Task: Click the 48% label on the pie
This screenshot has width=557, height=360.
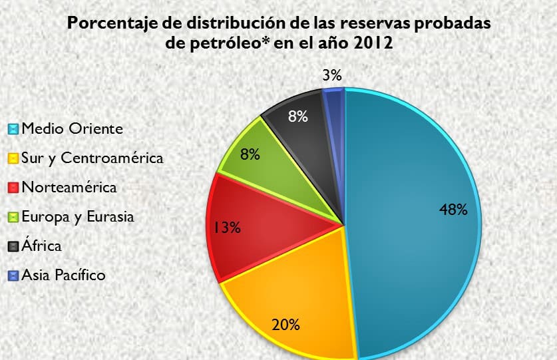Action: [x=453, y=210]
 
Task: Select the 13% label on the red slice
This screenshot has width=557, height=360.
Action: [x=226, y=228]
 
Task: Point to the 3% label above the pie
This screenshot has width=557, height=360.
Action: [x=331, y=75]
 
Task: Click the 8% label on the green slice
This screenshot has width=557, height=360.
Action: [x=250, y=154]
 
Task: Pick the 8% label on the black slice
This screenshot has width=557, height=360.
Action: [x=297, y=117]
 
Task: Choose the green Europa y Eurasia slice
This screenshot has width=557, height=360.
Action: [x=266, y=173]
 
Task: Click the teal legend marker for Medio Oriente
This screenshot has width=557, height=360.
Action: [x=13, y=129]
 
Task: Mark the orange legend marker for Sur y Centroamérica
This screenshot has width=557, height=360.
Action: [x=13, y=158]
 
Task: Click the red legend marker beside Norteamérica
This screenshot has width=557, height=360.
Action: [x=13, y=188]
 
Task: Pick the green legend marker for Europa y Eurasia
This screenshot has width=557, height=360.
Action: [x=13, y=217]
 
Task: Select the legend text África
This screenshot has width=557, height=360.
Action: [x=41, y=246]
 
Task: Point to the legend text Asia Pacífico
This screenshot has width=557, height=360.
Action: [x=63, y=275]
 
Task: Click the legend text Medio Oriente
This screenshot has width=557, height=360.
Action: [x=72, y=128]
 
